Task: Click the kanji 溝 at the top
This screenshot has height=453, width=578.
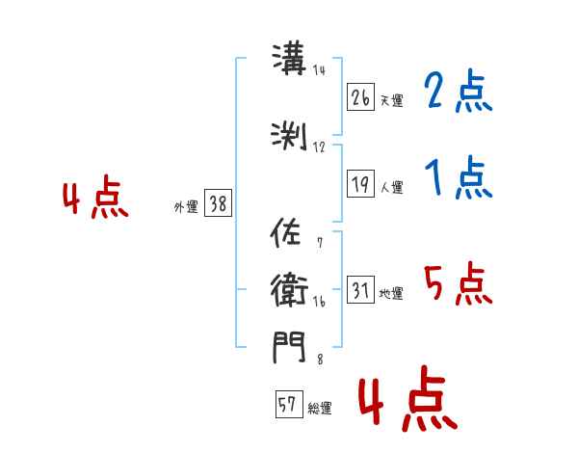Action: pyautogui.click(x=289, y=59)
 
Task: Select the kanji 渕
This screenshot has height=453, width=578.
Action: pyautogui.click(x=289, y=137)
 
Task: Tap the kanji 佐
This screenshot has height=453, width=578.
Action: pyautogui.click(x=285, y=232)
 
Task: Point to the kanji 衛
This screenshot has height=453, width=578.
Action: pyautogui.click(x=289, y=290)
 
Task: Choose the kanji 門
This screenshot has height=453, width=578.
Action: pyautogui.click(x=289, y=347)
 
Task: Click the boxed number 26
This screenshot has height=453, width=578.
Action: pyautogui.click(x=360, y=97)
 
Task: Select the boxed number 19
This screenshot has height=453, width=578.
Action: pyautogui.click(x=360, y=183)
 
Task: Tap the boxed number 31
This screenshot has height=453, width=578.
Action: pyautogui.click(x=360, y=289)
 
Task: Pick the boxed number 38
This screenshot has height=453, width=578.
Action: pyautogui.click(x=219, y=202)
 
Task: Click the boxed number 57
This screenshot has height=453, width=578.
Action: pyautogui.click(x=289, y=404)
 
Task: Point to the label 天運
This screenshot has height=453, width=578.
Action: pyautogui.click(x=391, y=100)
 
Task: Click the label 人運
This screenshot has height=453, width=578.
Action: pyautogui.click(x=391, y=187)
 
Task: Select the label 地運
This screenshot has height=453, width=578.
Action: pyautogui.click(x=391, y=293)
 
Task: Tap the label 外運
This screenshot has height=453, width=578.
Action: pyautogui.click(x=186, y=207)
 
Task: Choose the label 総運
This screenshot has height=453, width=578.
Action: pyautogui.click(x=320, y=408)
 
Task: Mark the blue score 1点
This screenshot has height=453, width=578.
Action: pyautogui.click(x=459, y=177)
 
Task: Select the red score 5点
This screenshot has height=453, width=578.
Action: pyautogui.click(x=459, y=283)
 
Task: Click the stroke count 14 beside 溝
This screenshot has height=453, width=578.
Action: pyautogui.click(x=319, y=70)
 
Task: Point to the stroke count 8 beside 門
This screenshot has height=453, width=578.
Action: pyautogui.click(x=320, y=359)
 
